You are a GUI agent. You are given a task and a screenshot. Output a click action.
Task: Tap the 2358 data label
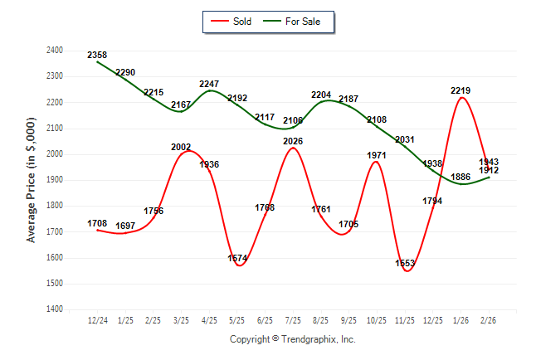click(x=98, y=55)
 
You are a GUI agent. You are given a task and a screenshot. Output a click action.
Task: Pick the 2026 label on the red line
click(x=292, y=141)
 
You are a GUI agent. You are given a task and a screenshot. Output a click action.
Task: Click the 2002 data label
click(x=182, y=147)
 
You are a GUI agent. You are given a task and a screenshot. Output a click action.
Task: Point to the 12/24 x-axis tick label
click(x=98, y=319)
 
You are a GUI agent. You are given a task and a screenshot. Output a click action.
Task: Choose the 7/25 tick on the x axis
click(x=292, y=319)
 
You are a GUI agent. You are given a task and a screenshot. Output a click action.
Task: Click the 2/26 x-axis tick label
click(x=488, y=319)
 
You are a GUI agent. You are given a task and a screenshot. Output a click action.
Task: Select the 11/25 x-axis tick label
click(x=404, y=319)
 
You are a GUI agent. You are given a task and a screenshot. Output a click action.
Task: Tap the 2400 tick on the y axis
click(x=54, y=51)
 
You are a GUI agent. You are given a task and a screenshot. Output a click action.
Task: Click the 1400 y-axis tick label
click(x=54, y=309)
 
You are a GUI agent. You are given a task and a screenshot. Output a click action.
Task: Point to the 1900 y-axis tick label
click(x=54, y=180)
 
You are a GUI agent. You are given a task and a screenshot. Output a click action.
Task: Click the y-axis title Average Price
click(x=32, y=180)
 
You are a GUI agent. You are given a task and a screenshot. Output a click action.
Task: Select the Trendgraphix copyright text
click(x=292, y=339)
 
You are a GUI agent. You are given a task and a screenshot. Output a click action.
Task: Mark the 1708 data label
click(x=98, y=223)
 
